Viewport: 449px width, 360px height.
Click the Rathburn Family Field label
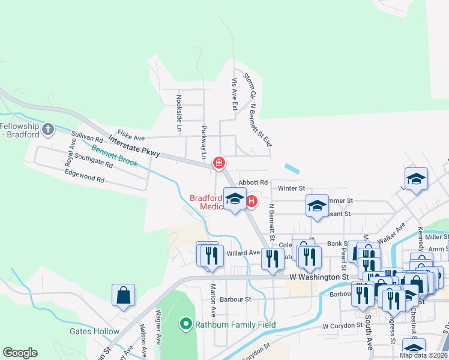click(235, 325)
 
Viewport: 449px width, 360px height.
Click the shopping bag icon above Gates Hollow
click(123, 295)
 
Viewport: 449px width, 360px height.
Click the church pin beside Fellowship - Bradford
click(48, 128)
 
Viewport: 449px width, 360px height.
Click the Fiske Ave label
click(131, 136)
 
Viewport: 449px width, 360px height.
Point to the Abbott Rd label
click(253, 182)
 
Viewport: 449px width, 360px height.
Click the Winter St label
click(292, 188)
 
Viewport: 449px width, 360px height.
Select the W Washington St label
click(319, 277)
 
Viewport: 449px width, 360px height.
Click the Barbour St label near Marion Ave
click(235, 299)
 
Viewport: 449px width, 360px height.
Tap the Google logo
click(20, 353)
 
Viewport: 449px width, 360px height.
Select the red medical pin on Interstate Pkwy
click(219, 162)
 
